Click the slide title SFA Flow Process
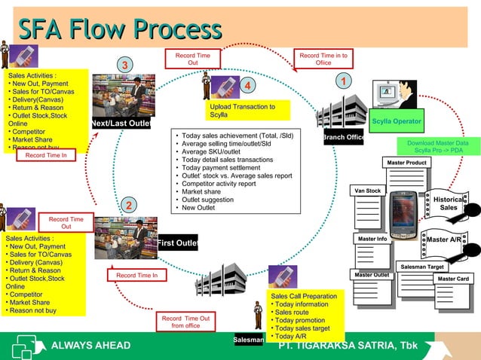point(120,29)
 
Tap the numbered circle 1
point(343,81)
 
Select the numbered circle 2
point(129,206)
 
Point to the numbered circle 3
point(126,66)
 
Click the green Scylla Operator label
point(397,121)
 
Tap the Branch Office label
point(343,138)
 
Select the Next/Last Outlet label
point(121,124)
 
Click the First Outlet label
point(177,243)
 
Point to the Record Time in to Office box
point(323,59)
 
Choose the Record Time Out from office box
point(185,322)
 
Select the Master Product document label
point(406,163)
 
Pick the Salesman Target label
point(421,267)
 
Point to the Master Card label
point(453,279)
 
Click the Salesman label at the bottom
point(249,340)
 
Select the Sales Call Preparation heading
point(303,296)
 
